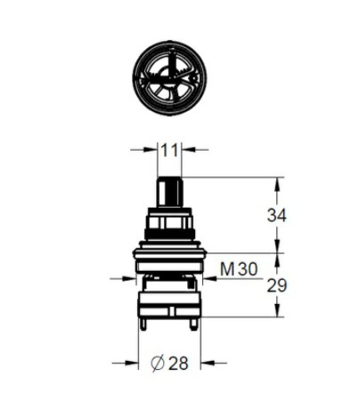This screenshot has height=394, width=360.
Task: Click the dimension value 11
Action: coord(169,151)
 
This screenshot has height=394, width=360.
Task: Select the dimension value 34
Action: coord(276,216)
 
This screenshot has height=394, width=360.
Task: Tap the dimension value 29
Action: coord(277,285)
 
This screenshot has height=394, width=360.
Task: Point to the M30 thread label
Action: coord(239,269)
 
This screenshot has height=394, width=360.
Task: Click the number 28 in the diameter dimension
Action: coord(178,363)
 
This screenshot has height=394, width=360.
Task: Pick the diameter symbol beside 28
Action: coord(158,363)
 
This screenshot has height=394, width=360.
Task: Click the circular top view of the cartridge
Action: coord(169,78)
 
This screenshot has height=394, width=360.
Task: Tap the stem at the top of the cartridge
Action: coord(169,192)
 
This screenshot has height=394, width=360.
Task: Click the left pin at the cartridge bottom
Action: coord(143,324)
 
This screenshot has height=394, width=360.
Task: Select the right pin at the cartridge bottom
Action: coord(194,324)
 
